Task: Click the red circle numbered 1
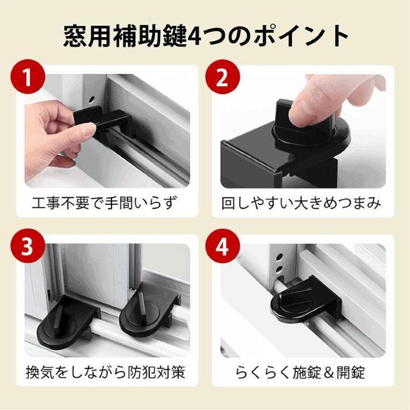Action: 28,76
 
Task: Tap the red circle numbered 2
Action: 222,76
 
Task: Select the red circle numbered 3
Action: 28,246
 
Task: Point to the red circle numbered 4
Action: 222,246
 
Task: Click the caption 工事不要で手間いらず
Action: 104,203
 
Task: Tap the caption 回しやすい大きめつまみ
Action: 301,203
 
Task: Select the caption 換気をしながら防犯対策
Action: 106,372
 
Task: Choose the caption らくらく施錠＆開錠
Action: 300,372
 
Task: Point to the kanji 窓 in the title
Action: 75,36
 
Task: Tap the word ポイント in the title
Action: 300,36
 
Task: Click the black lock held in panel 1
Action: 104,124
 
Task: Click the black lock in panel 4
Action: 306,300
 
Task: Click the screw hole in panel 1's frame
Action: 92,99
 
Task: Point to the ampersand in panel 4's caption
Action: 329,373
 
